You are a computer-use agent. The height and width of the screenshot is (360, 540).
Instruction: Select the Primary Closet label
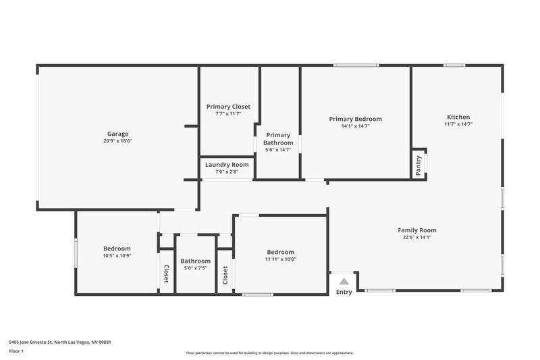coord(228,107)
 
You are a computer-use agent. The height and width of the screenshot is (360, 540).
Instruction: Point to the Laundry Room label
coord(227,165)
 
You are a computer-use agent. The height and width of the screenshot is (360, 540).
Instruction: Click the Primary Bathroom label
coord(278,139)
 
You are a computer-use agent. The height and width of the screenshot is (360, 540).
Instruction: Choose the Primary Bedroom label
coord(355,119)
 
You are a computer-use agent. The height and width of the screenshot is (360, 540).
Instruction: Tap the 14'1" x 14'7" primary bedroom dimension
coord(355,126)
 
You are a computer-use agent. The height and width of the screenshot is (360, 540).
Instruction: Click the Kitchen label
coord(458,117)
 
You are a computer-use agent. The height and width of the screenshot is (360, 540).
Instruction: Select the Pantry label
coord(418,165)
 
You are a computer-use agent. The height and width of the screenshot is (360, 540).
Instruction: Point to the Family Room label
coord(416,230)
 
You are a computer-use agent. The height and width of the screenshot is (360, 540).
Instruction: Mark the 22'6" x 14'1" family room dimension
coord(416,237)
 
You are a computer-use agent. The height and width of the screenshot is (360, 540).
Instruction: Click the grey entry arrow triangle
coord(344,281)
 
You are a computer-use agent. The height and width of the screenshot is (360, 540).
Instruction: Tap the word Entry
coord(344,292)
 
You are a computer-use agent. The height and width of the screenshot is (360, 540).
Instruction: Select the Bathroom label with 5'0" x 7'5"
coord(195,261)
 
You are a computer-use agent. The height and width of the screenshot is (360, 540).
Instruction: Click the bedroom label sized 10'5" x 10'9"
coord(117,249)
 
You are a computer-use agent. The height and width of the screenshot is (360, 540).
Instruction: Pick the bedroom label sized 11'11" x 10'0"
coord(280,252)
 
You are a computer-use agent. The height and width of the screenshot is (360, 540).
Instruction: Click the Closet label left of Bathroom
coord(166,272)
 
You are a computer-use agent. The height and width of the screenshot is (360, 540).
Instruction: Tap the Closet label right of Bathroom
coord(225,275)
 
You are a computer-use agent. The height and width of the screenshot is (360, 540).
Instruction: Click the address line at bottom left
coord(60,342)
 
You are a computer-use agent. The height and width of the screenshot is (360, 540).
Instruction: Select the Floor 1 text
coord(16,351)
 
